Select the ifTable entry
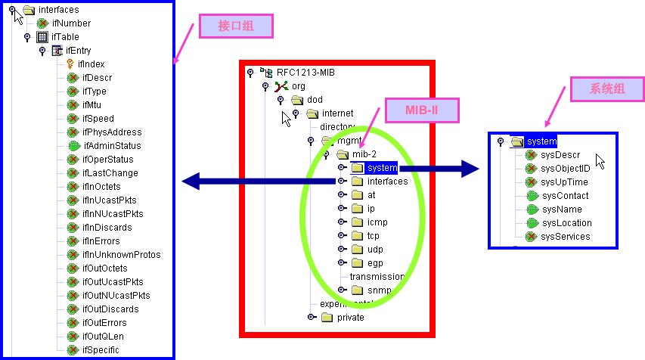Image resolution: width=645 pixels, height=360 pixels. point(65,37)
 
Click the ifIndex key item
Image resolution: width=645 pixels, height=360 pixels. point(91,64)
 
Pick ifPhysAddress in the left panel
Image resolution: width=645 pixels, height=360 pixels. point(112,132)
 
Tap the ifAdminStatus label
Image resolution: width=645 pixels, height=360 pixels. point(111,146)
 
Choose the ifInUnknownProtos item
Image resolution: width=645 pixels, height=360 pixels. point(121,255)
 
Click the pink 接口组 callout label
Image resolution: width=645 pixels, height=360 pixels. point(236,27)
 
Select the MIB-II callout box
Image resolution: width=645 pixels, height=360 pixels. point(422,111)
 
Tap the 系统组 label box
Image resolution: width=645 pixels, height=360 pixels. point(607,88)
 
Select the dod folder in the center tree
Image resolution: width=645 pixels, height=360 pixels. point(315,100)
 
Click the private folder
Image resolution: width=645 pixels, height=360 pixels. point(350,318)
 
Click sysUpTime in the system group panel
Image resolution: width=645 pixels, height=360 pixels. point(564,182)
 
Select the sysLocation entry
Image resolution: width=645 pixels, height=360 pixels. point(566,223)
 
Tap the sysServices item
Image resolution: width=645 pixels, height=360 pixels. point(566,237)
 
